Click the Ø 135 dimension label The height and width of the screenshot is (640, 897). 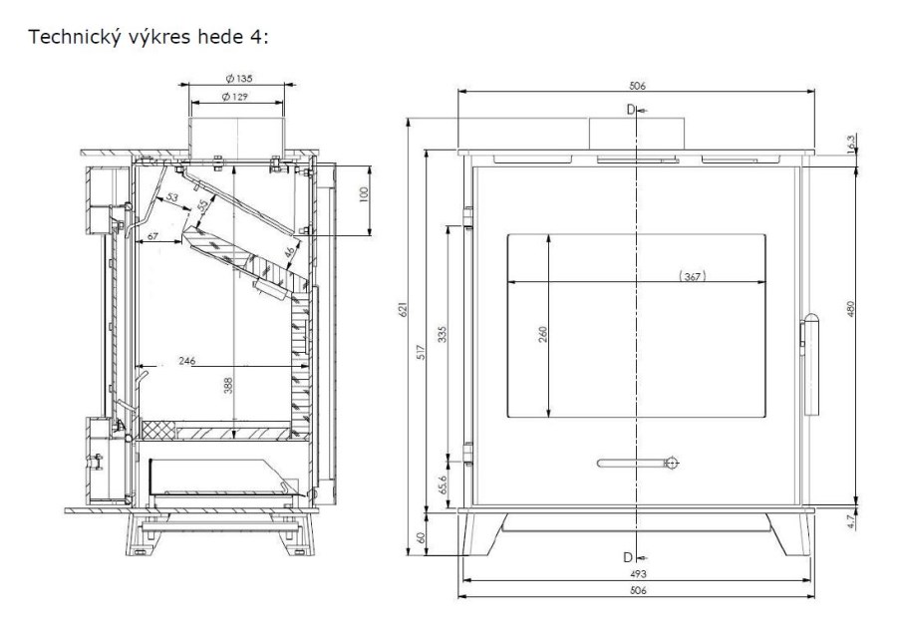(239, 79)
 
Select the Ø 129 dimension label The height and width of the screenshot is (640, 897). (235, 97)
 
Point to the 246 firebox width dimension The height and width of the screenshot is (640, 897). (187, 361)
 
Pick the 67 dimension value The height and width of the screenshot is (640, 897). (152, 235)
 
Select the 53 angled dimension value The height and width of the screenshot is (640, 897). (171, 198)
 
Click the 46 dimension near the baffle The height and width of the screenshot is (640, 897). (291, 251)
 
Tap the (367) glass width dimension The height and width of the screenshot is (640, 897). (693, 277)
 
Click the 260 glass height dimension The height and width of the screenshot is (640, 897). (543, 334)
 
